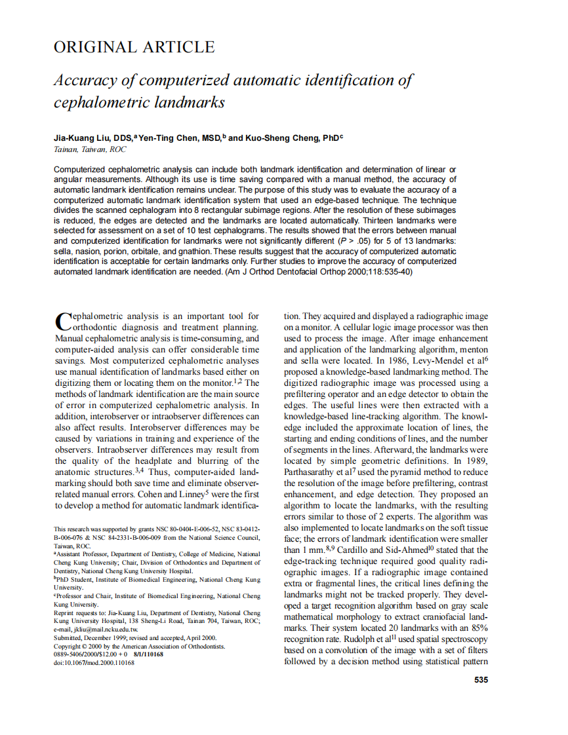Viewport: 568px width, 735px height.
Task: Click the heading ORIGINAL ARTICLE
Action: [x=134, y=47]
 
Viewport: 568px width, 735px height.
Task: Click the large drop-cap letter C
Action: [x=61, y=320]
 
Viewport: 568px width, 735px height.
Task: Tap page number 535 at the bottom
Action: [x=481, y=680]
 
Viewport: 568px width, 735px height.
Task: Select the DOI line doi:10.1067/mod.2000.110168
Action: [x=94, y=663]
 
